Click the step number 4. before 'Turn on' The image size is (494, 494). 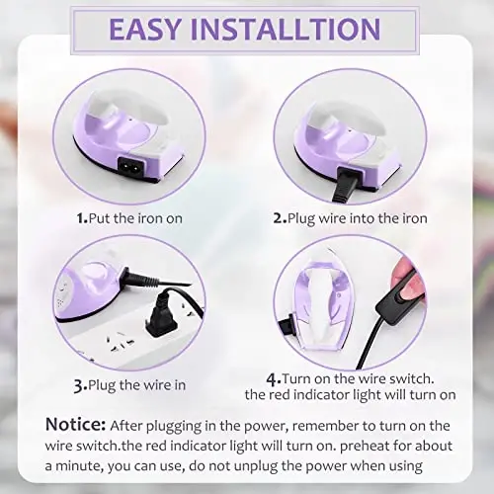click(273, 379)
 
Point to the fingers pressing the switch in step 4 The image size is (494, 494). click(405, 277)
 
